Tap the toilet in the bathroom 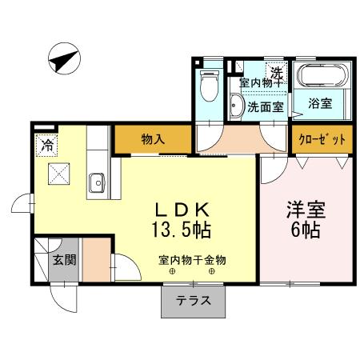(210, 83)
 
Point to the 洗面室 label (264, 106)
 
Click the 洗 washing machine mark (274, 74)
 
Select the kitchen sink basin (98, 183)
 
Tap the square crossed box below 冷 (60, 175)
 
